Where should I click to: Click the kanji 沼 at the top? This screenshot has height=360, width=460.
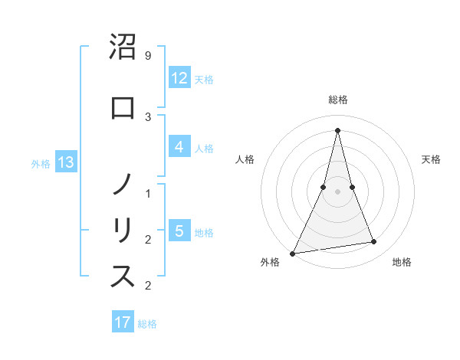[123, 47]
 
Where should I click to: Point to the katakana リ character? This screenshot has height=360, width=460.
[123, 231]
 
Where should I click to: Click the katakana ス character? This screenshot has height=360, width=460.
[123, 277]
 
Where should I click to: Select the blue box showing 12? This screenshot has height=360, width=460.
[179, 78]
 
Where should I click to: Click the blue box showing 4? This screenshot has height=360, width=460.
[179, 147]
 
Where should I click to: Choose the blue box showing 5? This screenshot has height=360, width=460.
[179, 231]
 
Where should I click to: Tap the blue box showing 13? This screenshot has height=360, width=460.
[65, 162]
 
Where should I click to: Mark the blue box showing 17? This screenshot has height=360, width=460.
[123, 322]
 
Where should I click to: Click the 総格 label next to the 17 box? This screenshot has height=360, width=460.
[147, 324]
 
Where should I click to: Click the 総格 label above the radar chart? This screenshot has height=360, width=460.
[337, 100]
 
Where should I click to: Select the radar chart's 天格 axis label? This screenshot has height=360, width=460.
[432, 159]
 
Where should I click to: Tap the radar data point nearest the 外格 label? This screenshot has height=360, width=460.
[293, 253]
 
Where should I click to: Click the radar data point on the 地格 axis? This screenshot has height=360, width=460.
[374, 242]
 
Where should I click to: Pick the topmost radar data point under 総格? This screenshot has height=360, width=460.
[337, 130]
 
